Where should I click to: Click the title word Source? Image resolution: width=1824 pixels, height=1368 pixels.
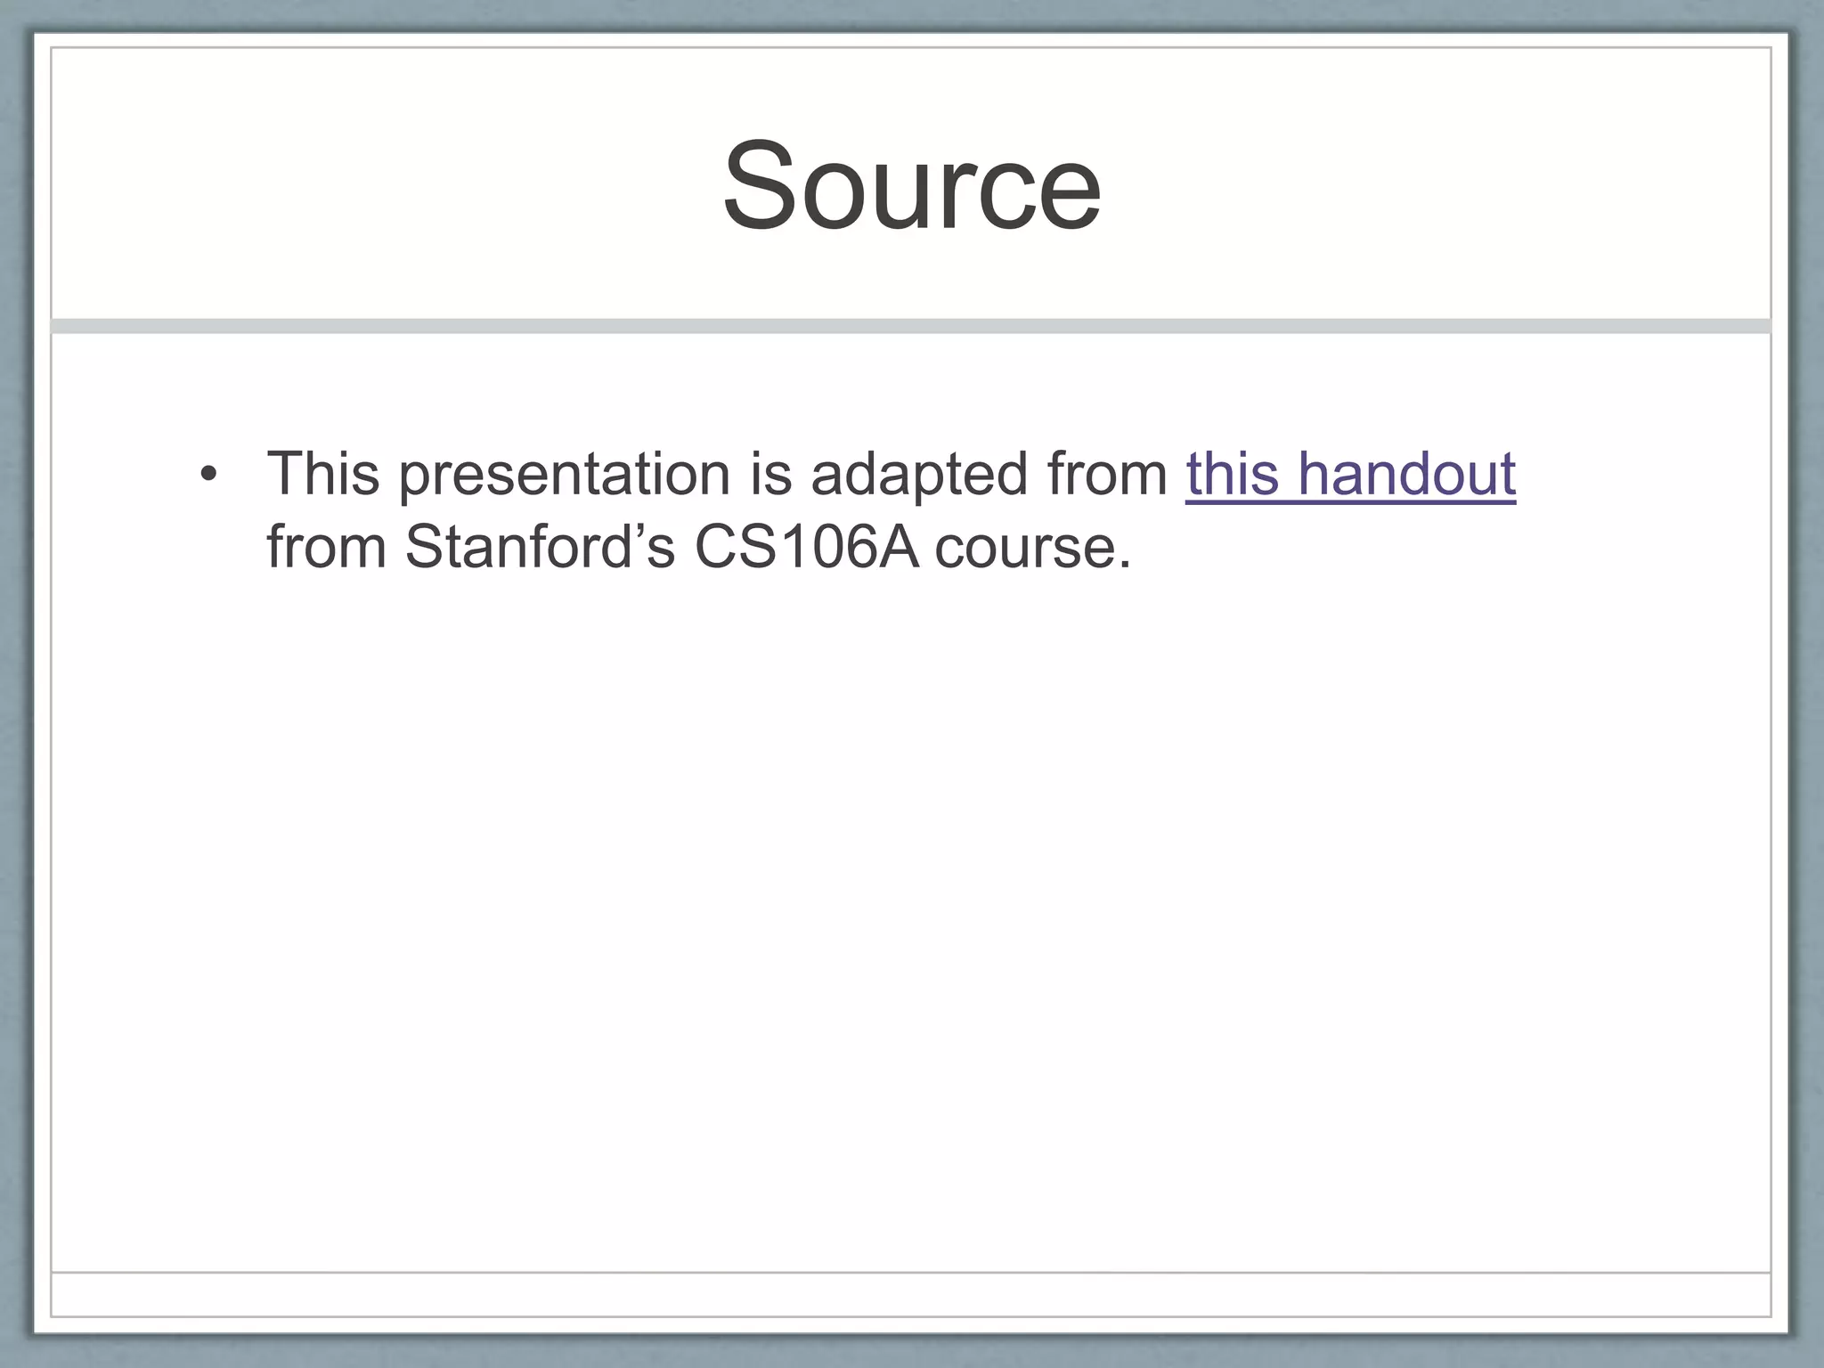click(x=911, y=187)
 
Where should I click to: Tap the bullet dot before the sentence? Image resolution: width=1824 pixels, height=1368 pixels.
click(x=208, y=474)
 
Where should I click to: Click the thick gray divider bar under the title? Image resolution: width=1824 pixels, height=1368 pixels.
click(x=911, y=326)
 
